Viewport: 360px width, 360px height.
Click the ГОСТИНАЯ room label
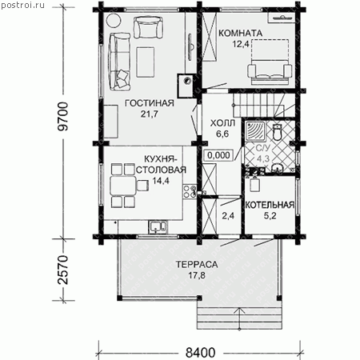[x=150, y=103]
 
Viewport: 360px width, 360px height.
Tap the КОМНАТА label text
[x=241, y=34]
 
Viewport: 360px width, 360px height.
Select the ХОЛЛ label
[x=222, y=123]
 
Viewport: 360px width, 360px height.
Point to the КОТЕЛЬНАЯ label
[x=270, y=205]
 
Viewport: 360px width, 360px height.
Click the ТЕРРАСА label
[x=197, y=265]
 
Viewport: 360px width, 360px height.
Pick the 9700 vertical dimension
[x=63, y=117]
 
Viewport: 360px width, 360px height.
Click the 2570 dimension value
[x=63, y=270]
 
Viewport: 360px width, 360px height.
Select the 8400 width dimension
[x=200, y=353]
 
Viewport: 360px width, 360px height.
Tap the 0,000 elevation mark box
[x=218, y=155]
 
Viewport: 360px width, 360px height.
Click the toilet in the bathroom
[x=278, y=132]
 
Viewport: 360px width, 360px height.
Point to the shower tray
[x=255, y=130]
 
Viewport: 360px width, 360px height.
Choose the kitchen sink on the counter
[x=158, y=227]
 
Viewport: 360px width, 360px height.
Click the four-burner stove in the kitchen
[x=190, y=192]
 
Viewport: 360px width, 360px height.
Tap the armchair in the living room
[x=148, y=27]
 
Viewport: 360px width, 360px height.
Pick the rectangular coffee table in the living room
[x=146, y=62]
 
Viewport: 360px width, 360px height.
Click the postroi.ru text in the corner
[x=22, y=6]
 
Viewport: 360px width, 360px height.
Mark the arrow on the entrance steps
[x=239, y=318]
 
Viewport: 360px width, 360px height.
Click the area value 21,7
[x=150, y=114]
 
